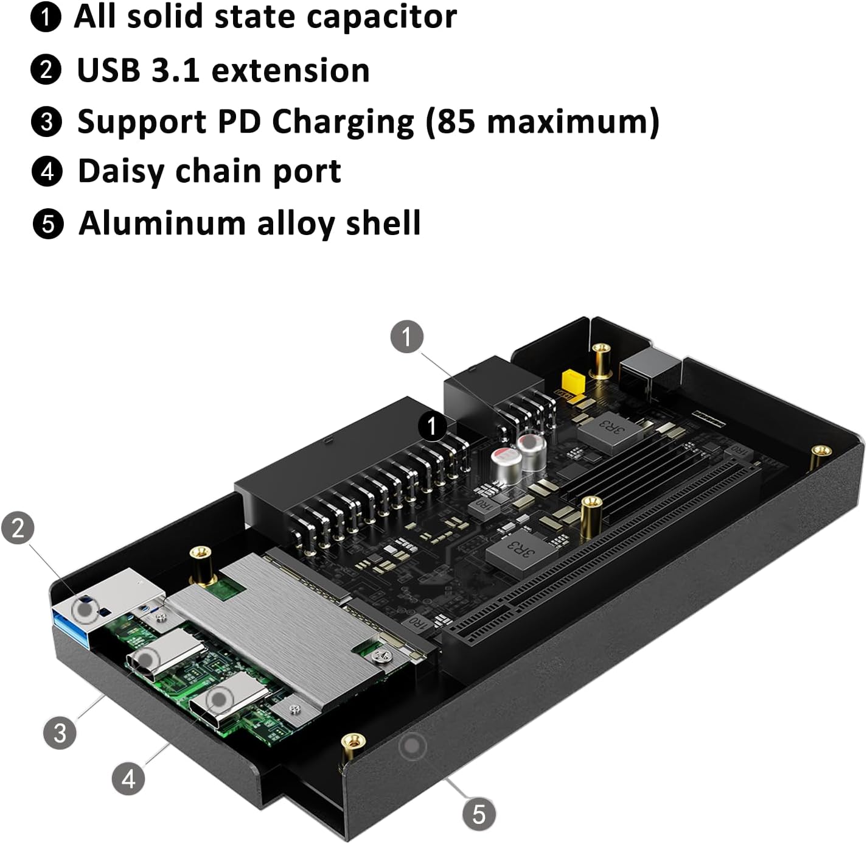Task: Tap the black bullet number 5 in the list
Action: coord(47,223)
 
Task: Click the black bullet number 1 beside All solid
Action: coord(46,17)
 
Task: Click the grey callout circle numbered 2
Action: coord(18,527)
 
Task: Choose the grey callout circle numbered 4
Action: coord(128,778)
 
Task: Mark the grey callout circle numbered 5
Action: coord(479,814)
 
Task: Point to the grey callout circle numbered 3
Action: coord(60,732)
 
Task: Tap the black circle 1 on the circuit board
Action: coord(432,426)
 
